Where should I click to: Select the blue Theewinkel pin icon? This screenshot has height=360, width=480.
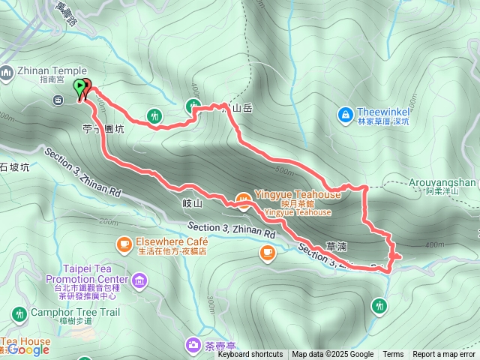(346, 115)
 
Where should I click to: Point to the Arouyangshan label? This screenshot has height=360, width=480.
(443, 181)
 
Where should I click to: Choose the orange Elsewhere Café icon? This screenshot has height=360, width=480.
(124, 244)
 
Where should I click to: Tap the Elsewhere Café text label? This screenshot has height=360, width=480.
(172, 243)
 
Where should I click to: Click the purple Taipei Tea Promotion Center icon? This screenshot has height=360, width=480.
(139, 281)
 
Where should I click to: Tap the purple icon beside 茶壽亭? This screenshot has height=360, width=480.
(192, 345)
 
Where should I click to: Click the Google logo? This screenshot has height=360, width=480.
(28, 349)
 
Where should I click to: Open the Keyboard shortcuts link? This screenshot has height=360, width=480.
(250, 355)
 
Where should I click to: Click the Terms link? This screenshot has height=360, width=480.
(393, 355)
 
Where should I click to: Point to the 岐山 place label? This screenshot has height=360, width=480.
(193, 203)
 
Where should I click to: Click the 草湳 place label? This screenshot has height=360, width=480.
(337, 245)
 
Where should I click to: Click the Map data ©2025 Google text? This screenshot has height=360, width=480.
(332, 355)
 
